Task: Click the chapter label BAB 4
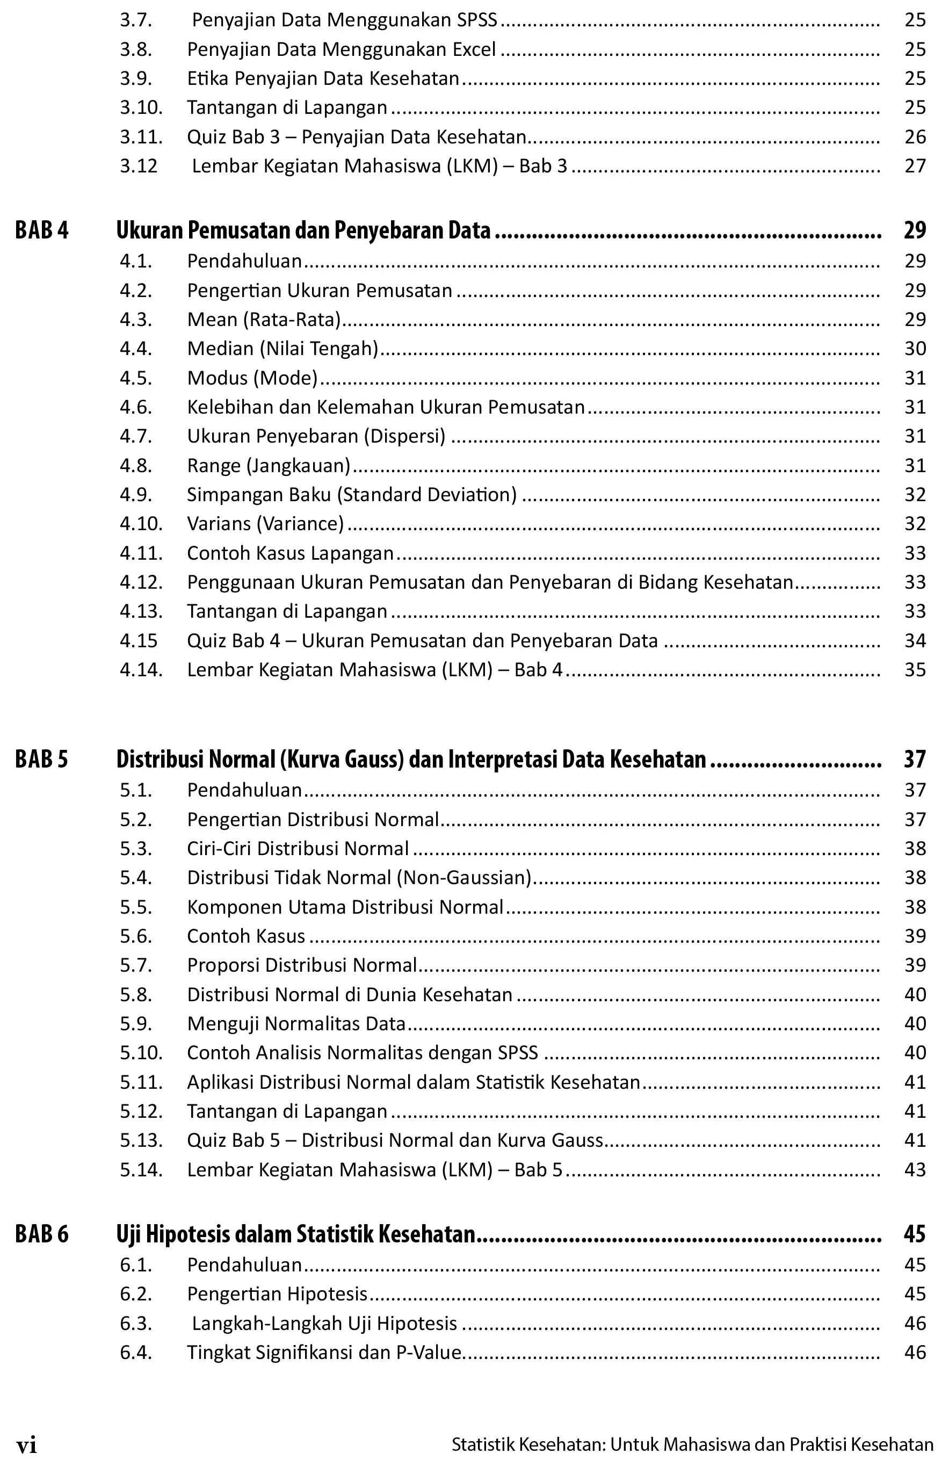pyautogui.click(x=42, y=230)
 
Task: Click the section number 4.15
pyautogui.click(x=139, y=640)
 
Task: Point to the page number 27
pyautogui.click(x=915, y=166)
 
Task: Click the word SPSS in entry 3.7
pyautogui.click(x=477, y=20)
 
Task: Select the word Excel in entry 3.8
pyautogui.click(x=474, y=49)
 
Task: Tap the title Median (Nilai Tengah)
pyautogui.click(x=282, y=349)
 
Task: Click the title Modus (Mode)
pyautogui.click(x=252, y=378)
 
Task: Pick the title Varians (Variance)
pyautogui.click(x=265, y=523)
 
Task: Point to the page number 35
pyautogui.click(x=915, y=669)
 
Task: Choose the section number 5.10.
pyautogui.click(x=141, y=1053)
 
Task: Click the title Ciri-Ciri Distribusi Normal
pyautogui.click(x=298, y=849)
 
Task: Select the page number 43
pyautogui.click(x=915, y=1169)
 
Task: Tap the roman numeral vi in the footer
pyautogui.click(x=26, y=1444)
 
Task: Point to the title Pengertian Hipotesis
pyautogui.click(x=277, y=1293)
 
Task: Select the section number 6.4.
pyautogui.click(x=135, y=1352)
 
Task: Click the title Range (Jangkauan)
pyautogui.click(x=268, y=465)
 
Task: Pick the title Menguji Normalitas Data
pyautogui.click(x=296, y=1024)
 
